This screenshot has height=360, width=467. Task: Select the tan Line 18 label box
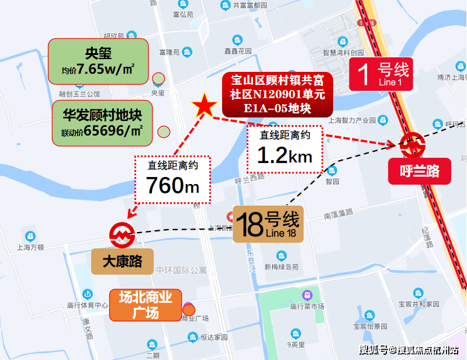coord(268,224)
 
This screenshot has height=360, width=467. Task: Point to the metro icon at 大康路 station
coord(122,233)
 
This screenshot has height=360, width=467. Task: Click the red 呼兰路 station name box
coord(419,171)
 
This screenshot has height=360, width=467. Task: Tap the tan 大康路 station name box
coord(122,261)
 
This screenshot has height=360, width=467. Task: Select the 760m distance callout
coord(172,178)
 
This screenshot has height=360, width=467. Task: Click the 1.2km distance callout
coord(285,148)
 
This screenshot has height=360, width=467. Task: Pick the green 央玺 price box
coord(98,61)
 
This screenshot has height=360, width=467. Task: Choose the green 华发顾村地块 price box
coord(102,123)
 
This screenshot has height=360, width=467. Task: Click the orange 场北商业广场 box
coord(145,305)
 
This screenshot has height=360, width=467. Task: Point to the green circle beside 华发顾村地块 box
coord(164,132)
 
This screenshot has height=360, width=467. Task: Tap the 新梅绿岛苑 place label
coord(282,266)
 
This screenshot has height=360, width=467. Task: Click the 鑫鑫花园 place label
coord(237,51)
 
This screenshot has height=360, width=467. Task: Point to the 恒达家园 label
coord(212,337)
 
